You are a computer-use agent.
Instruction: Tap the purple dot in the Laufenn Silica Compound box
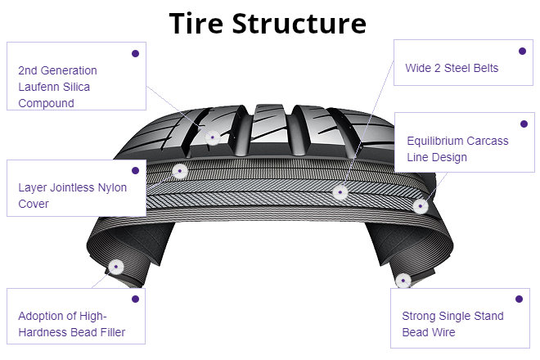pyautogui.click(x=135, y=53)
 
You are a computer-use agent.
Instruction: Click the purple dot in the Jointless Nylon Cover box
pyautogui.click(x=135, y=170)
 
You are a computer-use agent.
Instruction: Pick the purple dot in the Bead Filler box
pyautogui.click(x=135, y=299)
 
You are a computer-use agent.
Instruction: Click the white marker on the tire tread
pyautogui.click(x=213, y=137)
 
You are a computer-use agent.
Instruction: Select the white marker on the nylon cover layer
pyautogui.click(x=179, y=171)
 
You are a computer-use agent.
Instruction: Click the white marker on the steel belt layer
pyautogui.click(x=340, y=192)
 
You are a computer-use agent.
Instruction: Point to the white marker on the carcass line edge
pyautogui.click(x=421, y=205)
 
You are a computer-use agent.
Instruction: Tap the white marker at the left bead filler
pyautogui.click(x=115, y=267)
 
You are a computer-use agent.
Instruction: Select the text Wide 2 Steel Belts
pyautogui.click(x=452, y=68)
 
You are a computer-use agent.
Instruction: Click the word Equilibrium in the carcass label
pyautogui.click(x=439, y=141)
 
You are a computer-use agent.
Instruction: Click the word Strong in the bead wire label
pyautogui.click(x=420, y=316)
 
